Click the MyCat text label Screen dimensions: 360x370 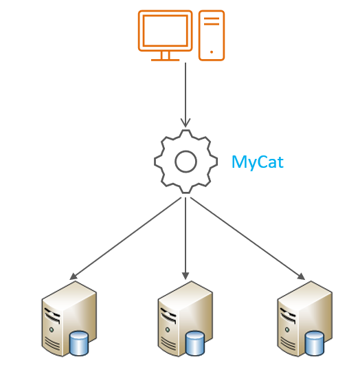(x=258, y=162)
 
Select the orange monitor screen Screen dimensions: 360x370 (x=166, y=31)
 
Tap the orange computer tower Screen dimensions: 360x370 (x=212, y=35)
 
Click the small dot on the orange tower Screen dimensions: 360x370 (x=212, y=52)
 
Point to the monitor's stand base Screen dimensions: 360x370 (x=166, y=60)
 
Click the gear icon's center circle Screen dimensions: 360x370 (x=185, y=162)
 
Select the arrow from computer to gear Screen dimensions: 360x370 (x=185, y=95)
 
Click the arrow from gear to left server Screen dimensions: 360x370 (x=126, y=239)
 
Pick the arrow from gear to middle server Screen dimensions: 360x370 (x=185, y=239)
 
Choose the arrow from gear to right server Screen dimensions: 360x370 (x=247, y=239)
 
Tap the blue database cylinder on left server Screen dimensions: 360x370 (x=79, y=343)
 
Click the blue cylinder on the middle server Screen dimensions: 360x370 (x=195, y=343)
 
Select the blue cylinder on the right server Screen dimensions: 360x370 (x=315, y=343)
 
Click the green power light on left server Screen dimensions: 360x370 (x=52, y=329)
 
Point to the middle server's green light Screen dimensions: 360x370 (x=168, y=329)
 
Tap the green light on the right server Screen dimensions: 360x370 (x=287, y=329)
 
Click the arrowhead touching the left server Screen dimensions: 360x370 (x=74, y=276)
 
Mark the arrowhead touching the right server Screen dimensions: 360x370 (x=302, y=276)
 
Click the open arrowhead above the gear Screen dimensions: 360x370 (x=185, y=122)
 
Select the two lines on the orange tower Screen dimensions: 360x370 (x=212, y=21)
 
